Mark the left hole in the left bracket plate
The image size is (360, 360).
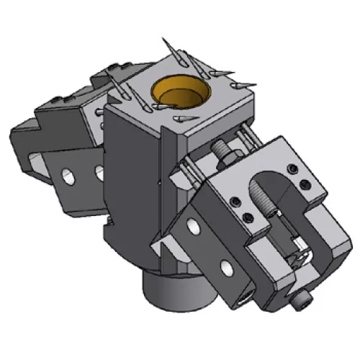[x=71, y=176]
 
